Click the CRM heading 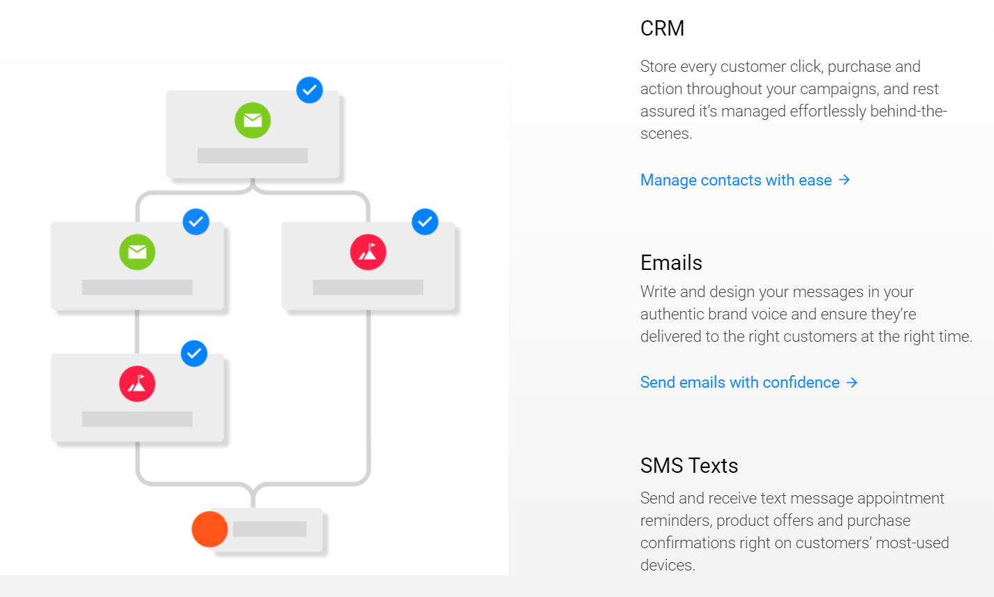pyautogui.click(x=662, y=29)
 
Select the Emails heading pyautogui.click(x=671, y=263)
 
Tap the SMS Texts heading pyautogui.click(x=688, y=466)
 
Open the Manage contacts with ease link pyautogui.click(x=735, y=180)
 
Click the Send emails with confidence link pyautogui.click(x=739, y=382)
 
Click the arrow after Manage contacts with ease pyautogui.click(x=845, y=180)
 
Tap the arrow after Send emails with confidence pyautogui.click(x=852, y=382)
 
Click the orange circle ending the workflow pyautogui.click(x=209, y=529)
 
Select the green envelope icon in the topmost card pyautogui.click(x=253, y=120)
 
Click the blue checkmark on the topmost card pyautogui.click(x=309, y=90)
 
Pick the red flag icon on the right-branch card pyautogui.click(x=368, y=252)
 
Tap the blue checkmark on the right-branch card pyautogui.click(x=425, y=222)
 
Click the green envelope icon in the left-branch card pyautogui.click(x=137, y=252)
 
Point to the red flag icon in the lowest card pyautogui.click(x=137, y=384)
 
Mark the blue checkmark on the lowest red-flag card pyautogui.click(x=194, y=354)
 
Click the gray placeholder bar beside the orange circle pyautogui.click(x=269, y=529)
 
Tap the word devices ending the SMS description pyautogui.click(x=666, y=565)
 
